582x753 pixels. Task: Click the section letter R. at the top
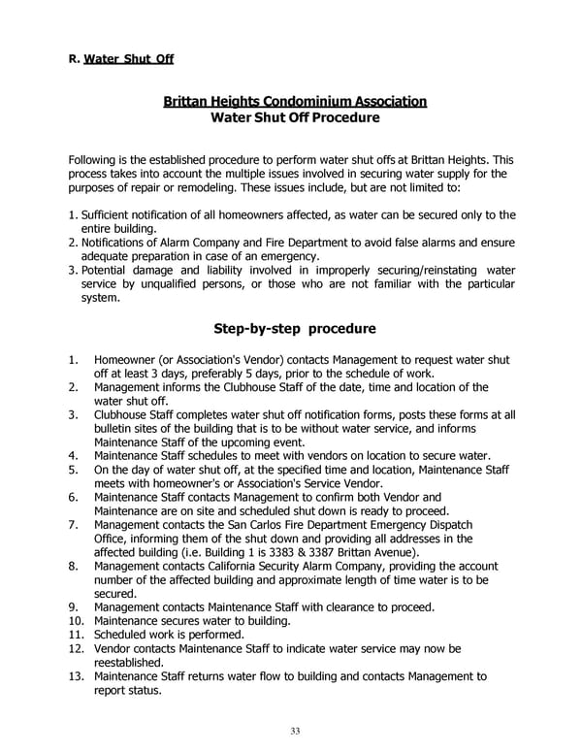pos(73,59)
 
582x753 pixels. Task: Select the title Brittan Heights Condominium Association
pos(294,101)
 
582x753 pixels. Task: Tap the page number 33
pos(294,731)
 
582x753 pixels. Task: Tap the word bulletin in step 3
pos(114,429)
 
